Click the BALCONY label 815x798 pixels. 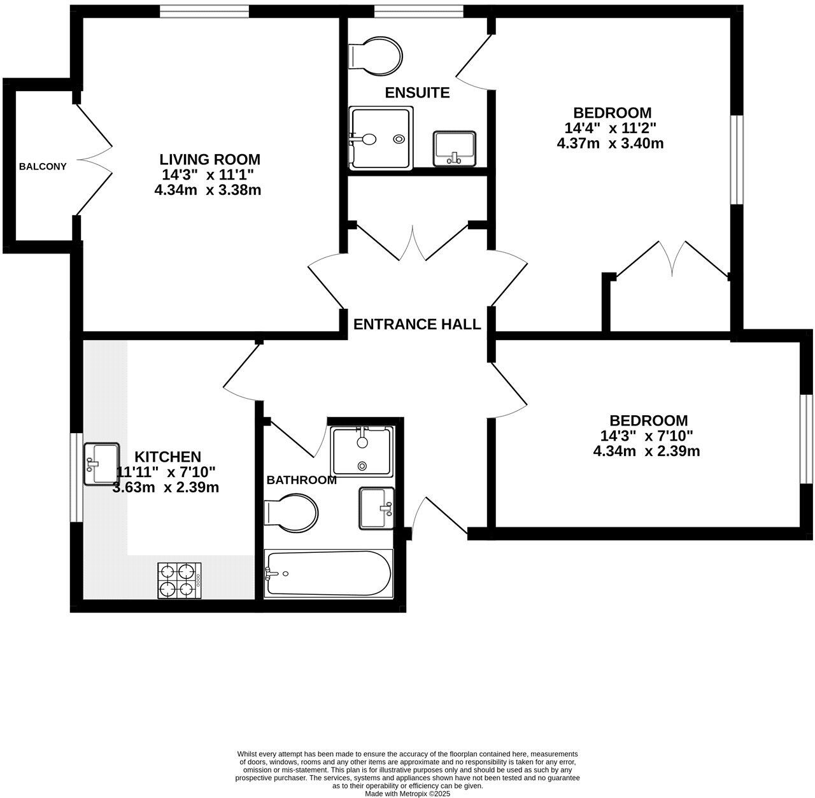(43, 167)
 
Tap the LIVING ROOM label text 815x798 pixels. (209, 159)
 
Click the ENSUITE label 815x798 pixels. (417, 93)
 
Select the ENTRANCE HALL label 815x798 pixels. (417, 324)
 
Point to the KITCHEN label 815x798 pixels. (168, 457)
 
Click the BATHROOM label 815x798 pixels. (301, 480)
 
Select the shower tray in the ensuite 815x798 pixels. (381, 138)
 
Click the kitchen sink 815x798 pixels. (102, 464)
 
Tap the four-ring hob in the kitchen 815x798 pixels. (180, 580)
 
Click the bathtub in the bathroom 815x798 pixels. (327, 573)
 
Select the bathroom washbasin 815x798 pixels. (377, 508)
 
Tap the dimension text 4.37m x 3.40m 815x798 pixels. (610, 143)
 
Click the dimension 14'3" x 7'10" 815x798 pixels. (646, 436)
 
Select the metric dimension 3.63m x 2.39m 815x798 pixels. (166, 488)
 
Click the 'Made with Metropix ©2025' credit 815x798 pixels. (407, 794)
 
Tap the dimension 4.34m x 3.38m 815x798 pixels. (208, 190)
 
